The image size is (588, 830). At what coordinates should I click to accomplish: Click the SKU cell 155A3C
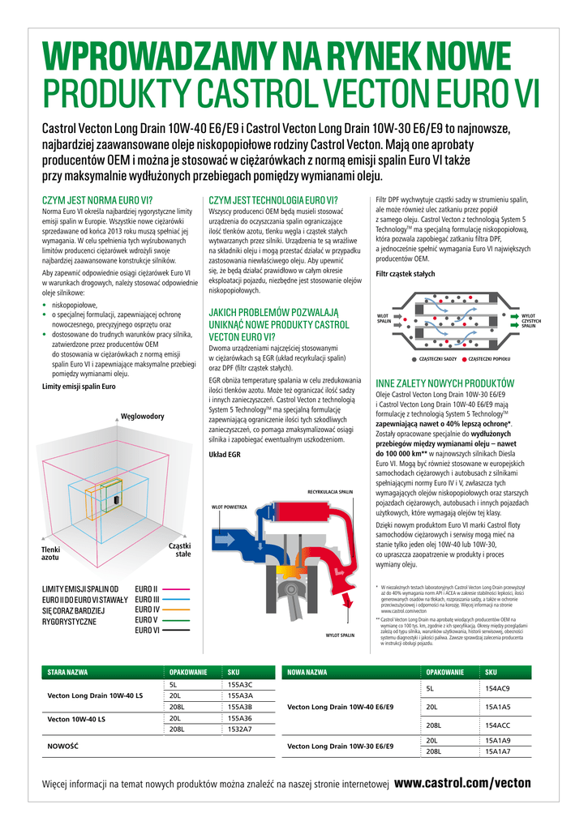tap(240, 685)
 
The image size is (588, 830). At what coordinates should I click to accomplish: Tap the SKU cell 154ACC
tap(497, 725)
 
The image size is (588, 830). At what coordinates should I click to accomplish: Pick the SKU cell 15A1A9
tap(497, 741)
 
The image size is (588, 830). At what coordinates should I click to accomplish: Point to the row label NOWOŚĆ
tap(62, 745)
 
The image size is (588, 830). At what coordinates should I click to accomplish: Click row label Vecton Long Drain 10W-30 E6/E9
tap(340, 746)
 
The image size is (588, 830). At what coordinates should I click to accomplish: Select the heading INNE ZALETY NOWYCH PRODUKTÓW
tap(444, 383)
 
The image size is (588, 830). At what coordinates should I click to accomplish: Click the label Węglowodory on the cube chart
tap(143, 417)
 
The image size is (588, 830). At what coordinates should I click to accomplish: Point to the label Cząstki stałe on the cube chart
tap(179, 550)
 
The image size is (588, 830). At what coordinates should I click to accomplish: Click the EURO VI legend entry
tap(147, 630)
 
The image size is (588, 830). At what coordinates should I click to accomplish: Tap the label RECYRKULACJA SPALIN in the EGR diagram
tap(330, 491)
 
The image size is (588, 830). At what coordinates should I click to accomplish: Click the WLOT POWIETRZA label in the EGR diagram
tap(230, 507)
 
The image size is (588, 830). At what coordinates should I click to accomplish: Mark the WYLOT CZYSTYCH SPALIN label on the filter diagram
tap(531, 320)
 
